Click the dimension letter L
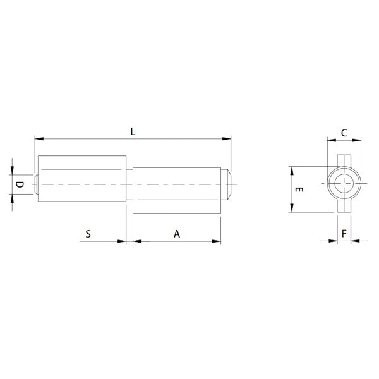tap(133, 131)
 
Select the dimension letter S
tap(88, 234)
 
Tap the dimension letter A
tap(177, 234)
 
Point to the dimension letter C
tap(344, 133)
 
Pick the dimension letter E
tap(301, 190)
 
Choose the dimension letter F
tap(344, 234)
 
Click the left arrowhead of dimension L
tap(38, 137)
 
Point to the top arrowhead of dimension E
tap(291, 170)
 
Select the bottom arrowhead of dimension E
tap(291, 210)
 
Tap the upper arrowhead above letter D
tap(13, 170)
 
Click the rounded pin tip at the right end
tap(228, 183)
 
